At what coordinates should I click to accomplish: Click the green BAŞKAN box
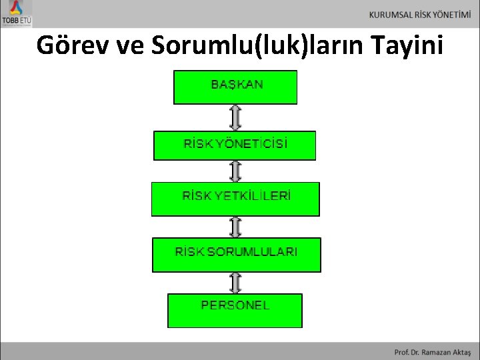pyautogui.click(x=235, y=87)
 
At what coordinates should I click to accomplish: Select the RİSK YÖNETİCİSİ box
pyautogui.click(x=235, y=145)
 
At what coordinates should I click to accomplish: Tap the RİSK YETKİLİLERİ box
pyautogui.click(x=235, y=199)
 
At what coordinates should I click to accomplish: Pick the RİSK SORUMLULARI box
pyautogui.click(x=236, y=255)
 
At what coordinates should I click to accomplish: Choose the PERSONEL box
pyautogui.click(x=235, y=310)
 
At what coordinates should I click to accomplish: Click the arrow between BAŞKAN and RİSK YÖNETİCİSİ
pyautogui.click(x=235, y=117)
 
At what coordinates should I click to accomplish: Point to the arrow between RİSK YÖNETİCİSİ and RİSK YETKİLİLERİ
pyautogui.click(x=235, y=171)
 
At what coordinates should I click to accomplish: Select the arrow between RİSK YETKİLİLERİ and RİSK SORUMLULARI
pyautogui.click(x=235, y=227)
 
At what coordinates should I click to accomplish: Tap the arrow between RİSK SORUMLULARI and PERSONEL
pyautogui.click(x=235, y=283)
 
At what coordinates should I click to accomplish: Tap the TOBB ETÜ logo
pyautogui.click(x=17, y=13)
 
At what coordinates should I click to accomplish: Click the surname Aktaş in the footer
pyautogui.click(x=461, y=351)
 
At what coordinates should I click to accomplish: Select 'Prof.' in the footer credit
pyautogui.click(x=401, y=351)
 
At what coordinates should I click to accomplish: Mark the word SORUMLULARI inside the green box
pyautogui.click(x=253, y=252)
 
